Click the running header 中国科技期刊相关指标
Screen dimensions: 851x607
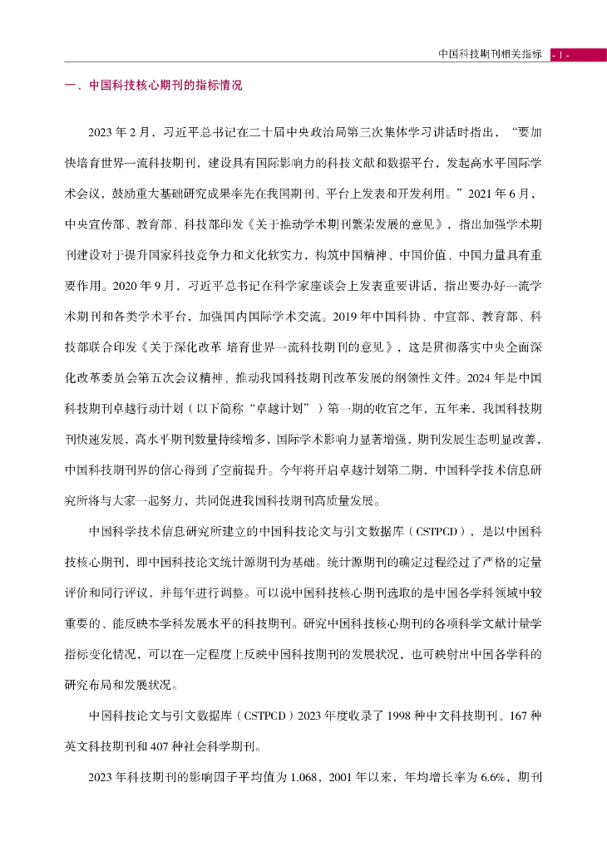tap(490, 55)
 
